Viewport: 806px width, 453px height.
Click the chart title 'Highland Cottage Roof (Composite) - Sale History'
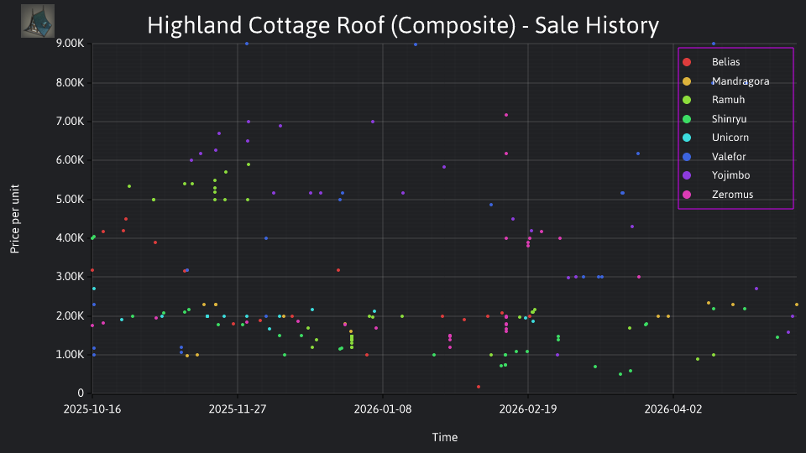[x=403, y=25]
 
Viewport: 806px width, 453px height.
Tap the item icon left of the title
[x=38, y=21]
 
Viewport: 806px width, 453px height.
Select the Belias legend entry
[x=711, y=62]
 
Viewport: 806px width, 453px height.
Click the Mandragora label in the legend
[x=741, y=81]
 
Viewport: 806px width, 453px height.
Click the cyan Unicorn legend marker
[x=687, y=138]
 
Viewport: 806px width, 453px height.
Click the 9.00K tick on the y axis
[x=70, y=43]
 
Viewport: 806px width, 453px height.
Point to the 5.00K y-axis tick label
[x=70, y=200]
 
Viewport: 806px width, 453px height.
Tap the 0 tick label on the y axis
[x=81, y=393]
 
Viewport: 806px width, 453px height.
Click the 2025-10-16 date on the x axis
[x=92, y=409]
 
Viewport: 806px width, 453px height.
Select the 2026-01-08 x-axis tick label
[x=383, y=409]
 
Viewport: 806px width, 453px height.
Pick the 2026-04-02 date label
[x=673, y=409]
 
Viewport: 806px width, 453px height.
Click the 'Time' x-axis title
[x=445, y=437]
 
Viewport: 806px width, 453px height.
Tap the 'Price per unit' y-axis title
[x=15, y=219]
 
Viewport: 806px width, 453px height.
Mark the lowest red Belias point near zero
[x=479, y=387]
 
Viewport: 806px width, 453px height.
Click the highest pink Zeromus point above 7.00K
[x=506, y=115]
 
